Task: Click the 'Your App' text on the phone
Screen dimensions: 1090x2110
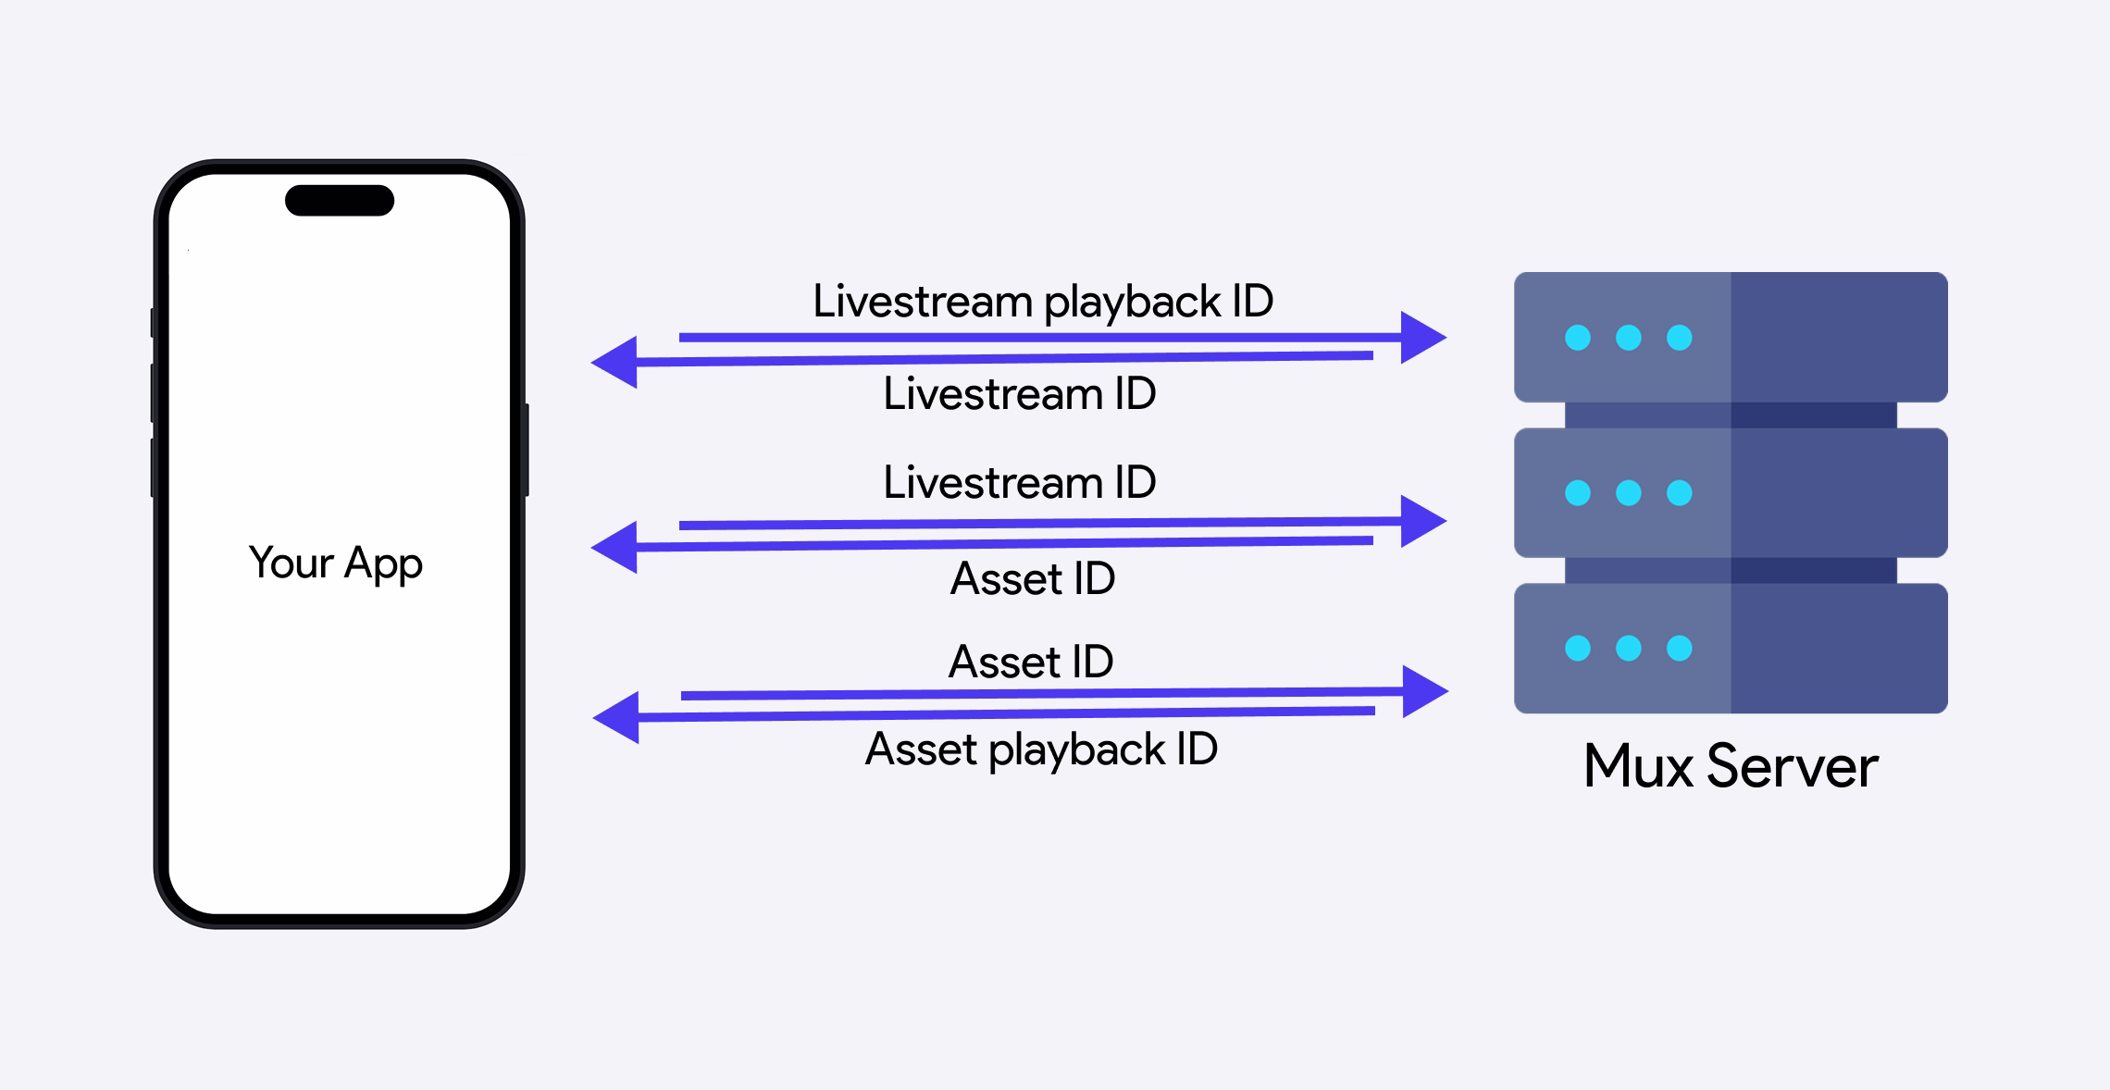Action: (x=335, y=563)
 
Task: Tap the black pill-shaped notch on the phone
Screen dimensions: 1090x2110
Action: (x=340, y=201)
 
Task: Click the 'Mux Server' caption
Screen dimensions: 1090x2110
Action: (x=1731, y=766)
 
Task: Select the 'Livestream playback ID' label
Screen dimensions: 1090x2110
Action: (x=1043, y=302)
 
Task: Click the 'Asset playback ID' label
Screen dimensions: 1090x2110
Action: (x=1041, y=749)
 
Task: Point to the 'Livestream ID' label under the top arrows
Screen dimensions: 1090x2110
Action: (x=1019, y=394)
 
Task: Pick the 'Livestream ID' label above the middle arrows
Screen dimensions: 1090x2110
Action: (x=1019, y=483)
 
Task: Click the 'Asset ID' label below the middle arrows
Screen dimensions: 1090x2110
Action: (x=1033, y=579)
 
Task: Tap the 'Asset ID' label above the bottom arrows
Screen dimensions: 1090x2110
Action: (x=1031, y=663)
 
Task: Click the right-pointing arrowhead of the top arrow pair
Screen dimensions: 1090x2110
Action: (x=1421, y=338)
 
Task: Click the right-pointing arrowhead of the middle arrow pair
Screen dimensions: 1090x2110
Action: (x=1421, y=521)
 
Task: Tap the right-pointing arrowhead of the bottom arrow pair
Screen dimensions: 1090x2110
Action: (x=1423, y=691)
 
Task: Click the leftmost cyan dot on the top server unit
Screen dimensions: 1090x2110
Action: (x=1578, y=338)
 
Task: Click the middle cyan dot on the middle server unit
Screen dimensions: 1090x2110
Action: (x=1629, y=492)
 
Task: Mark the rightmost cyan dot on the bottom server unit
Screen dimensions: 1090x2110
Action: (x=1679, y=648)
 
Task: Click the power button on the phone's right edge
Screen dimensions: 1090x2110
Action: (x=526, y=450)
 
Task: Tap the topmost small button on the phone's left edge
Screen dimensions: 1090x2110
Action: (x=153, y=323)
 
